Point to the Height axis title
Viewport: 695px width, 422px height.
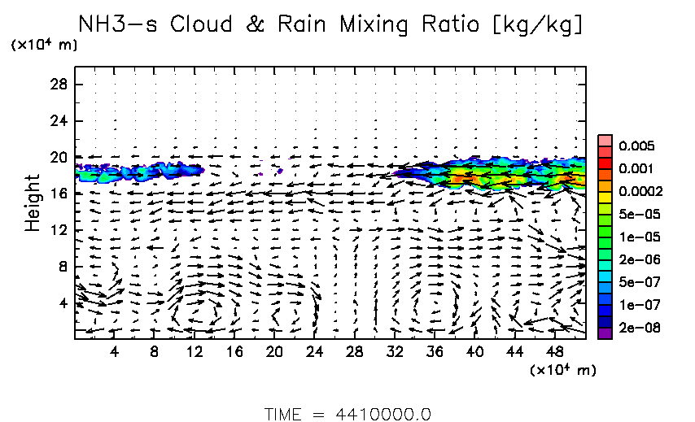coord(33,202)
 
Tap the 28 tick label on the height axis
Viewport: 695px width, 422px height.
coord(58,85)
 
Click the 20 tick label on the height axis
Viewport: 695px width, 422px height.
coord(58,157)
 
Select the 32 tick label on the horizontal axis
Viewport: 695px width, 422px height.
coord(395,352)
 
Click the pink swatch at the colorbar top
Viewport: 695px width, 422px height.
coord(605,140)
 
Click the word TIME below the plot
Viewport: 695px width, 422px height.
coord(285,414)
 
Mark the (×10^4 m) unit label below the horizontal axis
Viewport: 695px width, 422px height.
coord(563,370)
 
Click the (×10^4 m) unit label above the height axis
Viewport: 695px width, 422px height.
coord(44,45)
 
